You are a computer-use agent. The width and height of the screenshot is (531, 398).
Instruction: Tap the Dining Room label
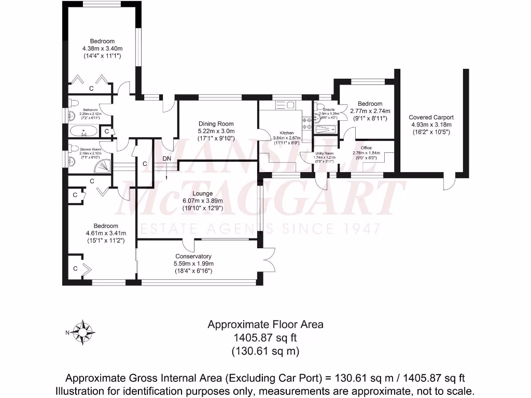coord(216,124)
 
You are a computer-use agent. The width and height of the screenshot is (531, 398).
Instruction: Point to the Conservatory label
coord(193,257)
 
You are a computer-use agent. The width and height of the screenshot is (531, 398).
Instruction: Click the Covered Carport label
coord(431,117)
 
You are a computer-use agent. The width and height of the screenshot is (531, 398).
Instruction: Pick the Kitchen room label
coord(286,133)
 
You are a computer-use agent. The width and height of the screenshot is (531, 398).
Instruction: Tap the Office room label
coord(366,148)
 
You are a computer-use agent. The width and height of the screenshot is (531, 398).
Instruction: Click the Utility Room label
coord(325,153)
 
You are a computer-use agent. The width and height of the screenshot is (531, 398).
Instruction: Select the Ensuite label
coord(329,110)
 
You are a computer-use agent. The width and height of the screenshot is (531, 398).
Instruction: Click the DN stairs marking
coord(167,159)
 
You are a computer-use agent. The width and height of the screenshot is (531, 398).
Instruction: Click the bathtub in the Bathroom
coord(83,131)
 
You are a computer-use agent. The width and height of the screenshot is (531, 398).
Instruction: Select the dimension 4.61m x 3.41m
coord(102,233)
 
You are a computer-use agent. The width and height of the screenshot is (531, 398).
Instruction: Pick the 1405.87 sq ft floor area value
coord(265,338)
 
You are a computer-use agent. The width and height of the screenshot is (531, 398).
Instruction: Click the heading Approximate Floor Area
coord(265,325)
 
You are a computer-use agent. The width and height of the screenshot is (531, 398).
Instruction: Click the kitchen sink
coord(285,106)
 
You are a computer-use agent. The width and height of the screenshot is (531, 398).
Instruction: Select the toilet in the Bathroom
coord(72,102)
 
